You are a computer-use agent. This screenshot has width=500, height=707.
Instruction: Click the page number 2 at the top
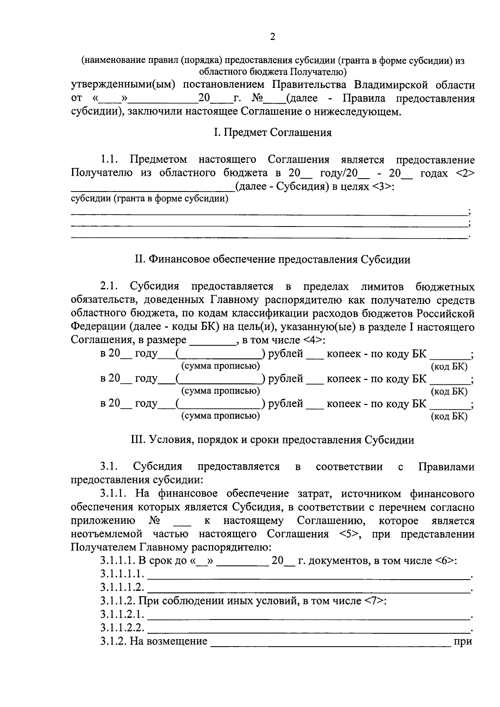click(x=272, y=37)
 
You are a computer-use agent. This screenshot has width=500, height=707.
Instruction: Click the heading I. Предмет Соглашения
click(x=272, y=133)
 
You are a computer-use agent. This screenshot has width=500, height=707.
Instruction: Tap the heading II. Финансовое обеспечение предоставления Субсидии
click(x=272, y=260)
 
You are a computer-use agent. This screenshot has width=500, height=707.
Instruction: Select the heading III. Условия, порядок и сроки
click(x=272, y=440)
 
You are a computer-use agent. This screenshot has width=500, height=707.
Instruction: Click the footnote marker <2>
click(x=465, y=173)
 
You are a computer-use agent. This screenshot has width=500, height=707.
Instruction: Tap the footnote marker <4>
click(x=313, y=340)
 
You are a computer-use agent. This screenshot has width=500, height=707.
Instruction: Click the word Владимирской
click(x=391, y=85)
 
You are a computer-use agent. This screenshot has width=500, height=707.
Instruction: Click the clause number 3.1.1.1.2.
click(x=122, y=588)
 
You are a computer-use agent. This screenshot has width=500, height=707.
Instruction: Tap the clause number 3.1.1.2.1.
click(x=122, y=615)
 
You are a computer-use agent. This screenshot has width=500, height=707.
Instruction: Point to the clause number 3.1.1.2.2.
click(x=122, y=628)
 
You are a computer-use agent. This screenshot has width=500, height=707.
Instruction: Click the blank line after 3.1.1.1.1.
click(x=308, y=576)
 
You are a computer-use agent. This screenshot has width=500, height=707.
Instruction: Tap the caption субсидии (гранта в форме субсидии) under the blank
click(x=150, y=199)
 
